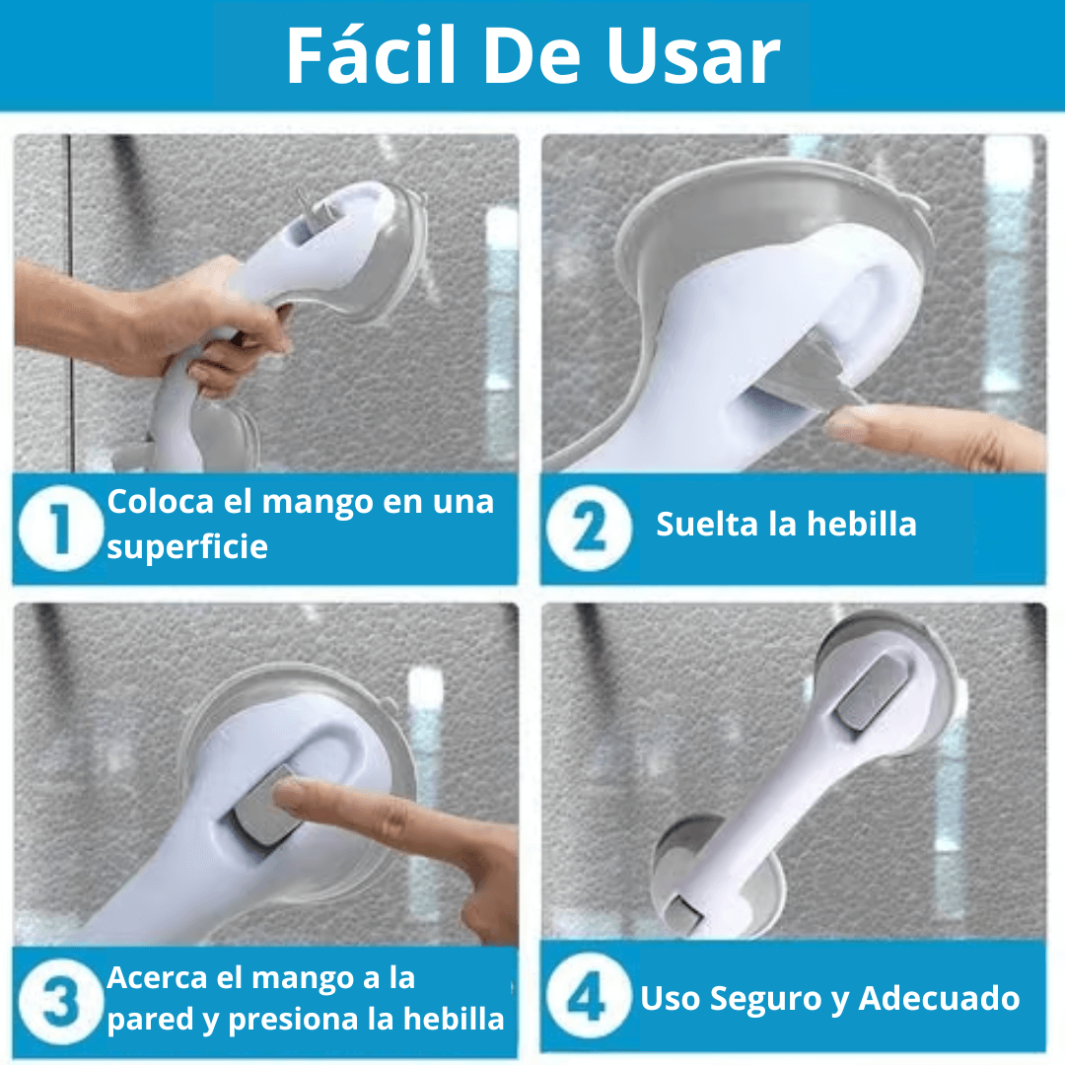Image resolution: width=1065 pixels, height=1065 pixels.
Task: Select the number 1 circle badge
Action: (60, 528)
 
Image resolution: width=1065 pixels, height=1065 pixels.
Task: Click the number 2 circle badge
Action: (589, 528)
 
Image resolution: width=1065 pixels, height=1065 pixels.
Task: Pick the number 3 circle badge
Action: (60, 1001)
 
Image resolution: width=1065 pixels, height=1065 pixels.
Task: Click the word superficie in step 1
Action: (187, 547)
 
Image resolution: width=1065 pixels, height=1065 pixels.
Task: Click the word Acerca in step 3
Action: (157, 978)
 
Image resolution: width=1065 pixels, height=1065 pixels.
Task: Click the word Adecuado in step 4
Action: (939, 998)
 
